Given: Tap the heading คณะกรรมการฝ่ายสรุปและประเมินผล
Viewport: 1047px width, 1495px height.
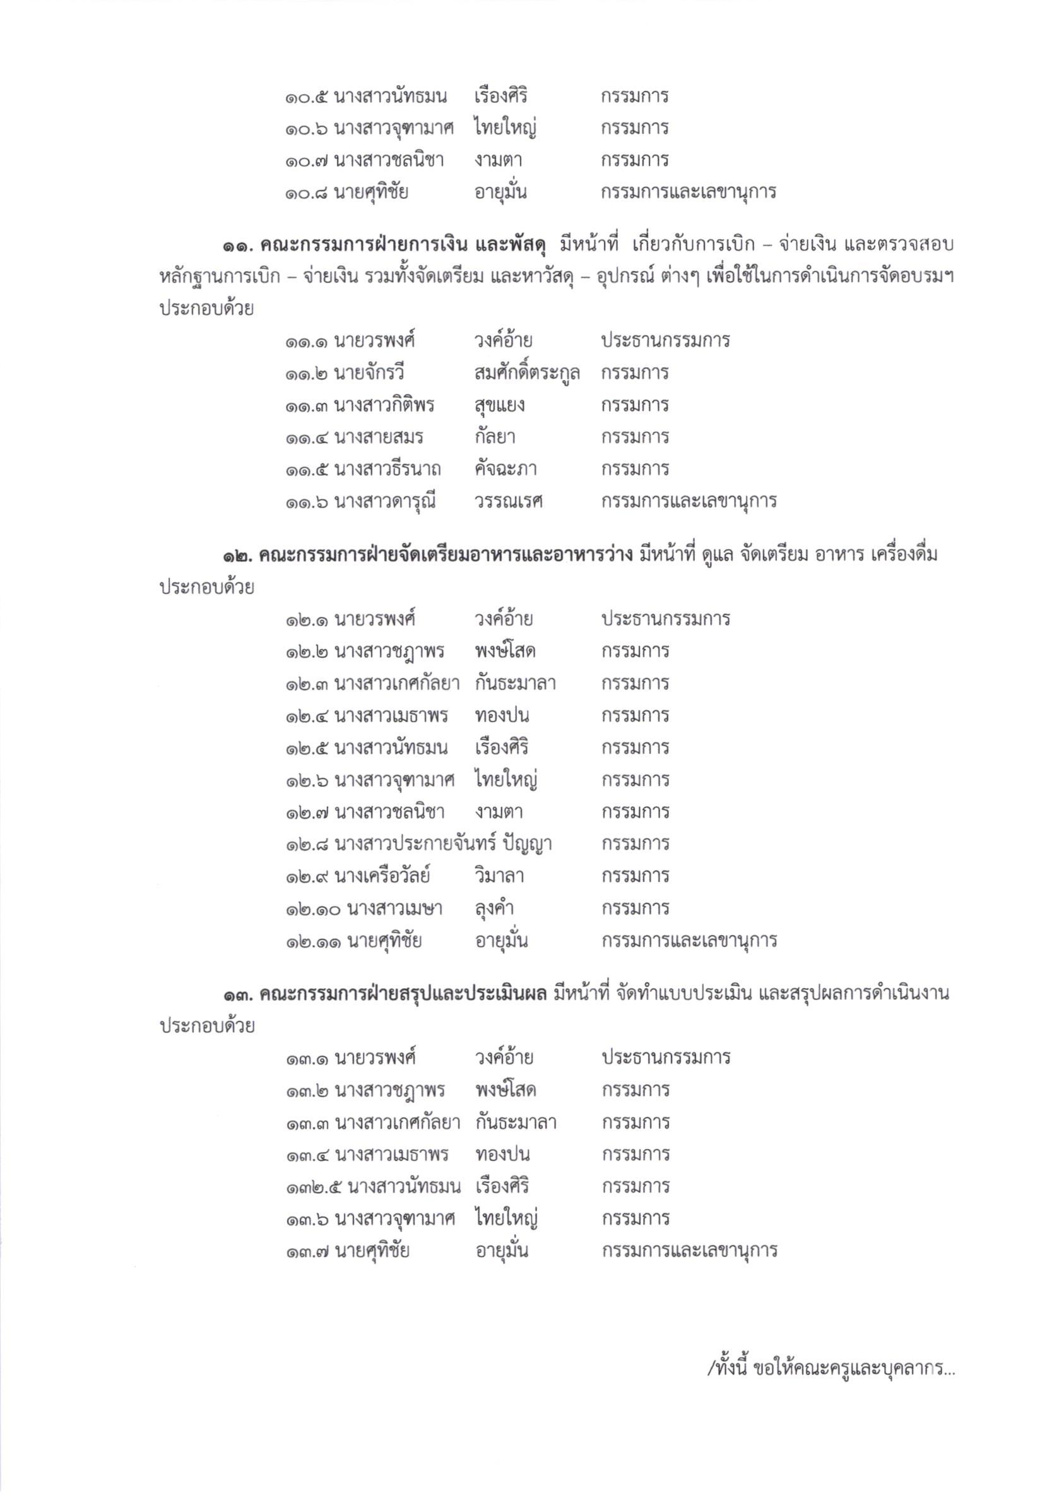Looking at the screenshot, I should click(x=404, y=994).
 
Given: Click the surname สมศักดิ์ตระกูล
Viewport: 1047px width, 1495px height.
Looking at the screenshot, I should click(x=526, y=373).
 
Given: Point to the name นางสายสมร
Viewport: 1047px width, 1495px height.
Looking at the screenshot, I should click(x=378, y=437).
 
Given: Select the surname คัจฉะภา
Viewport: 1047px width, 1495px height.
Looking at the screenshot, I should click(x=505, y=469).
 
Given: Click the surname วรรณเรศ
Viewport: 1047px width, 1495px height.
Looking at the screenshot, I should click(x=508, y=501).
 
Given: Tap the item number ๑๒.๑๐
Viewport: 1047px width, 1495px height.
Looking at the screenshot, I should click(x=312, y=908).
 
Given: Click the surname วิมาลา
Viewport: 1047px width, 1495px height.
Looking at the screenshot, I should click(x=499, y=876).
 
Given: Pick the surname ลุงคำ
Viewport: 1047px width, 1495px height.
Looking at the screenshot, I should click(x=495, y=908).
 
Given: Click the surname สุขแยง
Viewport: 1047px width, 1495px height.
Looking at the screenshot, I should click(x=499, y=406).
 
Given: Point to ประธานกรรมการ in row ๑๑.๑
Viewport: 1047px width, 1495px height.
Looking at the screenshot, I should click(x=665, y=340).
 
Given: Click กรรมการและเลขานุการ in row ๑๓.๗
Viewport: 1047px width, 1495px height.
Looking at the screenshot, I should click(x=689, y=1251).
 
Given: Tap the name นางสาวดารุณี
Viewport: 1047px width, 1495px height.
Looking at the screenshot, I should click(x=384, y=501).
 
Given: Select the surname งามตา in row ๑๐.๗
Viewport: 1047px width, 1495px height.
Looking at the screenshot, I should click(x=499, y=160).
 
